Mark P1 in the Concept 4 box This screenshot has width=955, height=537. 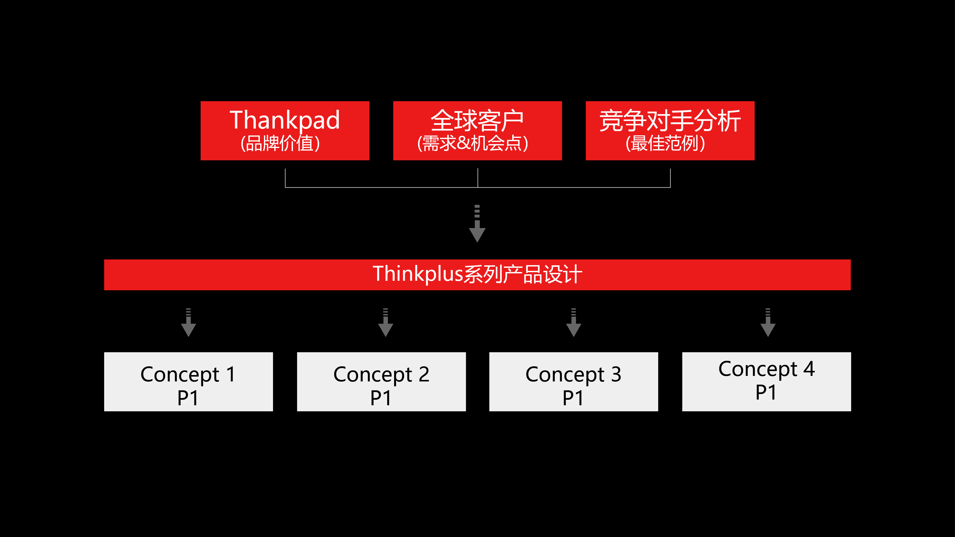click(766, 392)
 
